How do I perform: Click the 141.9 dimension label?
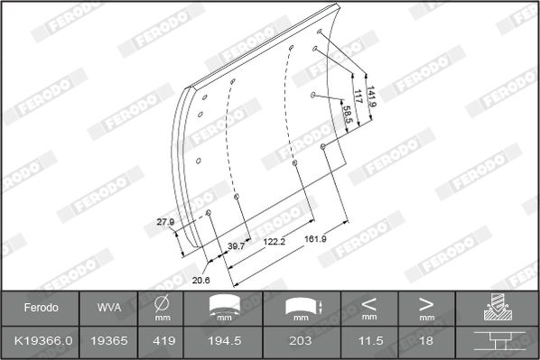click(x=371, y=97)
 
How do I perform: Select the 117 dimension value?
click(x=358, y=97)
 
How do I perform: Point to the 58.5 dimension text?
click(x=347, y=115)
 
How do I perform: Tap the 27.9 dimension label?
click(x=165, y=222)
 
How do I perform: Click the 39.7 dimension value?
click(x=236, y=246)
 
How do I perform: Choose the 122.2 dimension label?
click(x=275, y=242)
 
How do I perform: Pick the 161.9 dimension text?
click(x=315, y=239)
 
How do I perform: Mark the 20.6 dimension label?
click(x=200, y=281)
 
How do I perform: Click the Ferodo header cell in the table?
click(x=41, y=308)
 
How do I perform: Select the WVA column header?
click(x=109, y=308)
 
